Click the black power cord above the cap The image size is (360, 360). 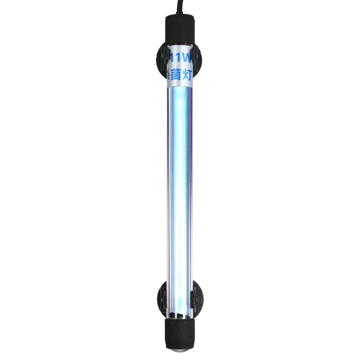179,5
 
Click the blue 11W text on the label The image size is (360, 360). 179,57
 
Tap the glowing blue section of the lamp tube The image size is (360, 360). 180,180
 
